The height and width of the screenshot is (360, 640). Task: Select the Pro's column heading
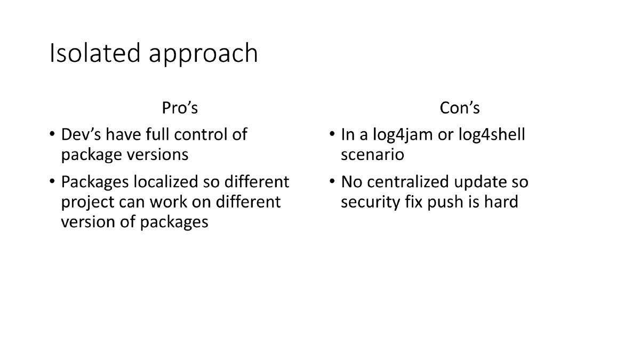(x=180, y=108)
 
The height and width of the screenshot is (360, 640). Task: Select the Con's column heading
(x=459, y=108)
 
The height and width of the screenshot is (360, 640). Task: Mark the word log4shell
(x=492, y=134)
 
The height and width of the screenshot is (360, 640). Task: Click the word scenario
(x=372, y=154)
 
